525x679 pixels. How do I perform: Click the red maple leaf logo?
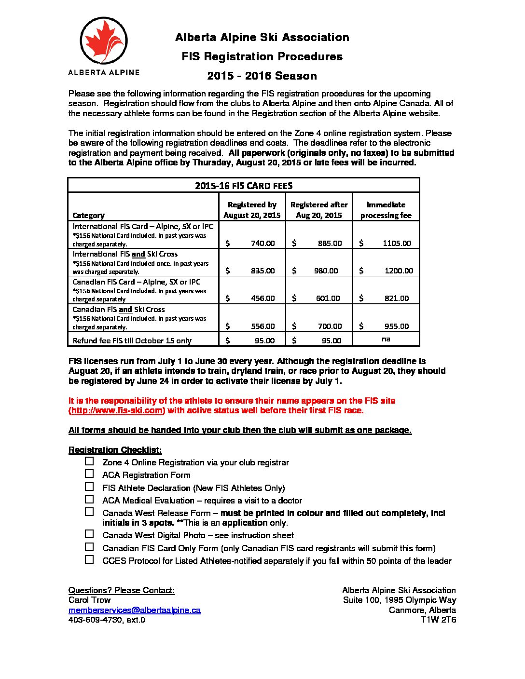(x=104, y=41)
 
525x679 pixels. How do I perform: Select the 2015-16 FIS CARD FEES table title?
(x=244, y=186)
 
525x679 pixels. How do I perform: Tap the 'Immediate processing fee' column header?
(x=386, y=210)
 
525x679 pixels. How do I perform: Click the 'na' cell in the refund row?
(x=386, y=339)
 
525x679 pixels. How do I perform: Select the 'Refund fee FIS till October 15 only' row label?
(x=132, y=340)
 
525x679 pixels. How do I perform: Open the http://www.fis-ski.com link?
(x=117, y=410)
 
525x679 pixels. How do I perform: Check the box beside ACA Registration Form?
(x=89, y=474)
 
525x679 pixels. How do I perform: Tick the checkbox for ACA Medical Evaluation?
(x=89, y=500)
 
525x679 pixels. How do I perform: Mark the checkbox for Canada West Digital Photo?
(x=89, y=534)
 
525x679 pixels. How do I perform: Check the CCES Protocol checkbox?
(x=89, y=560)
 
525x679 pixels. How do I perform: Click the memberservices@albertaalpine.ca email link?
(x=135, y=610)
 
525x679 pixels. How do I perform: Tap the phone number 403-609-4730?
(x=96, y=620)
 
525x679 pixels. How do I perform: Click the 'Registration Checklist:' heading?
(x=115, y=450)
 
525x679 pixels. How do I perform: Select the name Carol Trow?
(x=89, y=600)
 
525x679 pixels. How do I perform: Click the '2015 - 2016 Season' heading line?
(x=262, y=76)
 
